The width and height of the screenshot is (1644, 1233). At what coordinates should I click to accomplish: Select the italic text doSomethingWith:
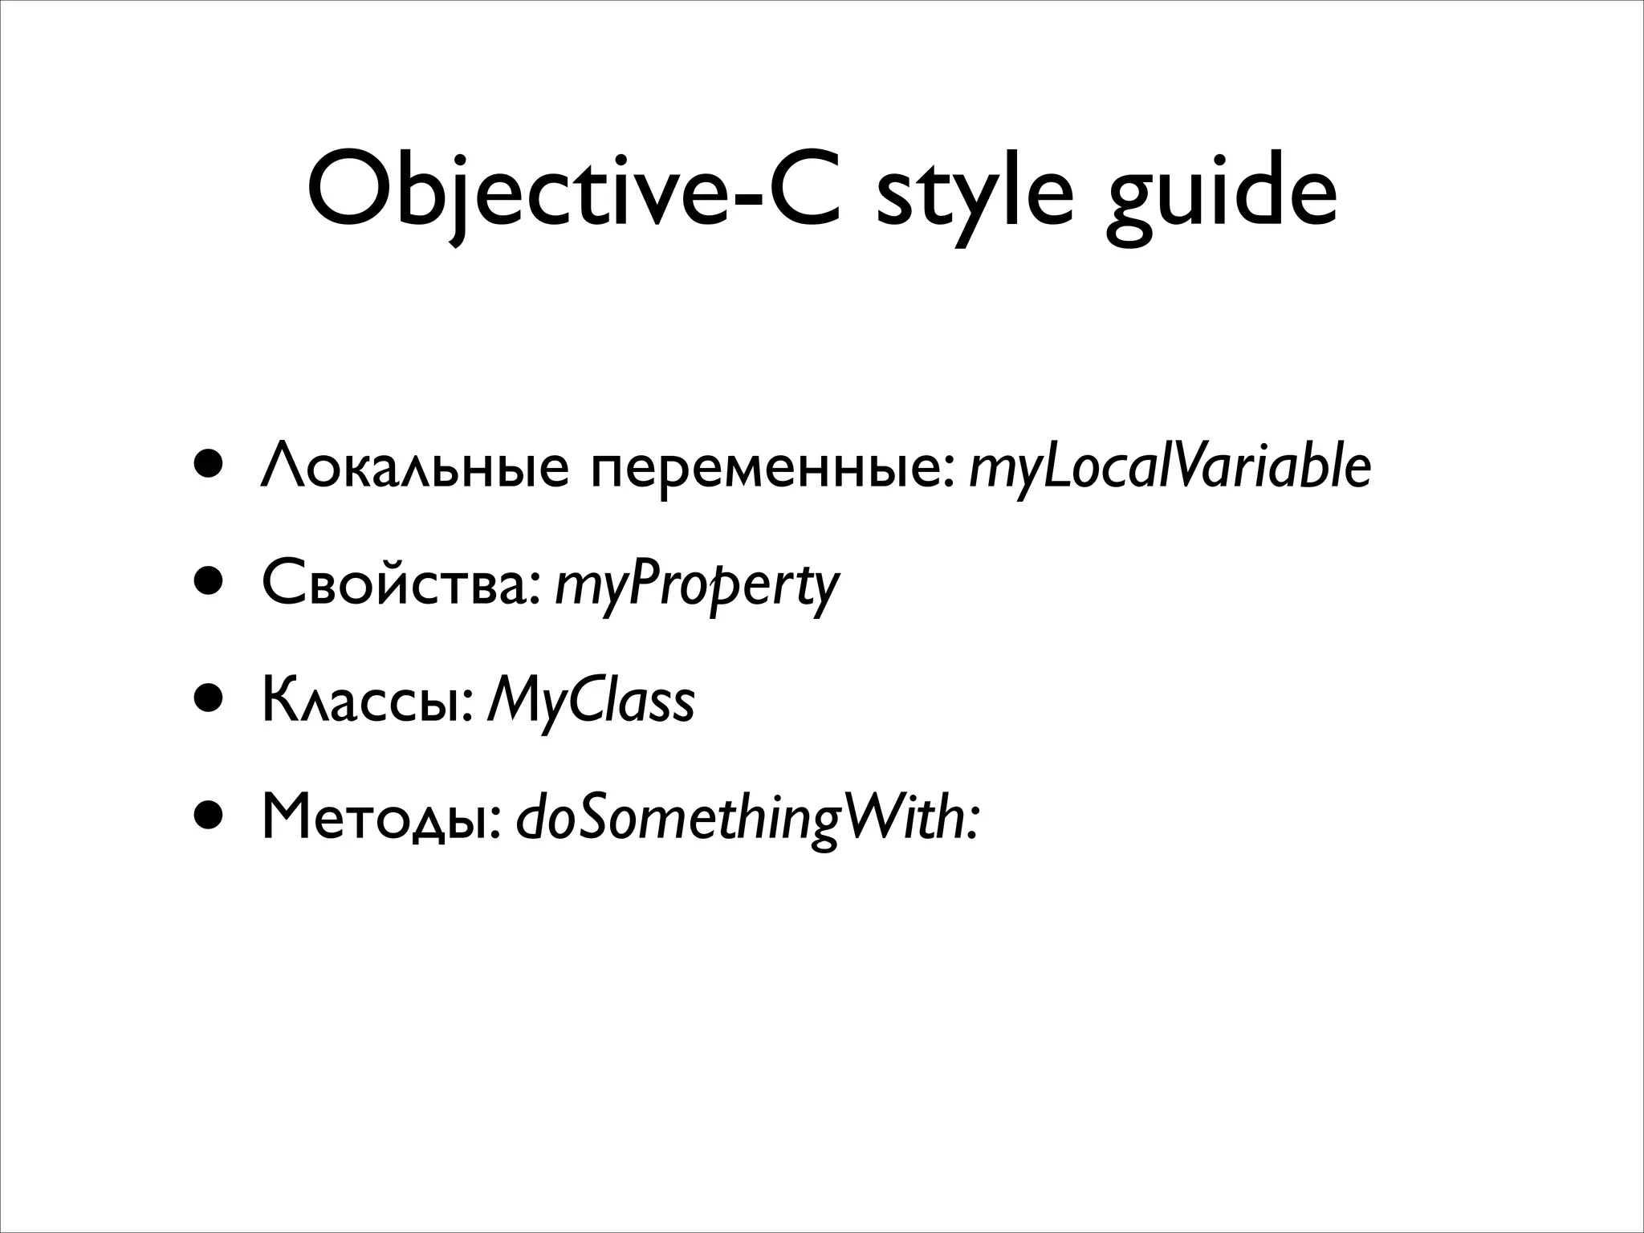747,820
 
